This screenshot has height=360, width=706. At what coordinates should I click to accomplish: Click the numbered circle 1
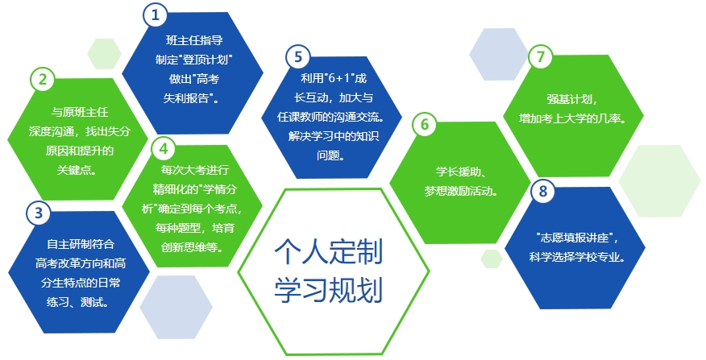tap(156, 14)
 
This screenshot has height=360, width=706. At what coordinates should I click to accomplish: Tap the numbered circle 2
tap(43, 79)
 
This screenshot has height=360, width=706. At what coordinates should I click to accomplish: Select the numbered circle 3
tap(39, 213)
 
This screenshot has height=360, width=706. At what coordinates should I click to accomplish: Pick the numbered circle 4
tap(164, 148)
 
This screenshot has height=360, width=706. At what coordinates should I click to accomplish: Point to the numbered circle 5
tap(298, 56)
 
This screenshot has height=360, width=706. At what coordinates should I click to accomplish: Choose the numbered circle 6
tap(425, 124)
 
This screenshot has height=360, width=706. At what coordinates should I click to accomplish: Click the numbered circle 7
tap(540, 56)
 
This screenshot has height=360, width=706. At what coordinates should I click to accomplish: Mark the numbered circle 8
tap(542, 191)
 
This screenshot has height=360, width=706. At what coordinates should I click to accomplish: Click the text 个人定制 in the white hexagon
tap(329, 251)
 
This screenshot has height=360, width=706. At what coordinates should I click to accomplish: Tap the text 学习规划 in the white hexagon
tap(329, 289)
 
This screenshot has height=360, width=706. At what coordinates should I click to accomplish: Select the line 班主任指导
tap(194, 40)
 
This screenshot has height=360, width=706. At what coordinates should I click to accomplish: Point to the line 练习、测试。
tap(78, 301)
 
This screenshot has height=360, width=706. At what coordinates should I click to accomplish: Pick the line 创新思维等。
tap(193, 247)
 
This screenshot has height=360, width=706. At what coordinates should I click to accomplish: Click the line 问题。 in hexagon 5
tap(331, 155)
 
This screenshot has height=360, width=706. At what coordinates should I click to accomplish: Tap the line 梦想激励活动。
tap(462, 190)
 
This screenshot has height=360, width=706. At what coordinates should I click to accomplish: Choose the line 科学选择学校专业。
tap(577, 257)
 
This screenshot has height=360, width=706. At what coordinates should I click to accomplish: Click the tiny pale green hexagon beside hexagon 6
tap(492, 259)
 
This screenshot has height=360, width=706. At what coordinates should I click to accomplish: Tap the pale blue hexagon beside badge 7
tap(498, 55)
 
